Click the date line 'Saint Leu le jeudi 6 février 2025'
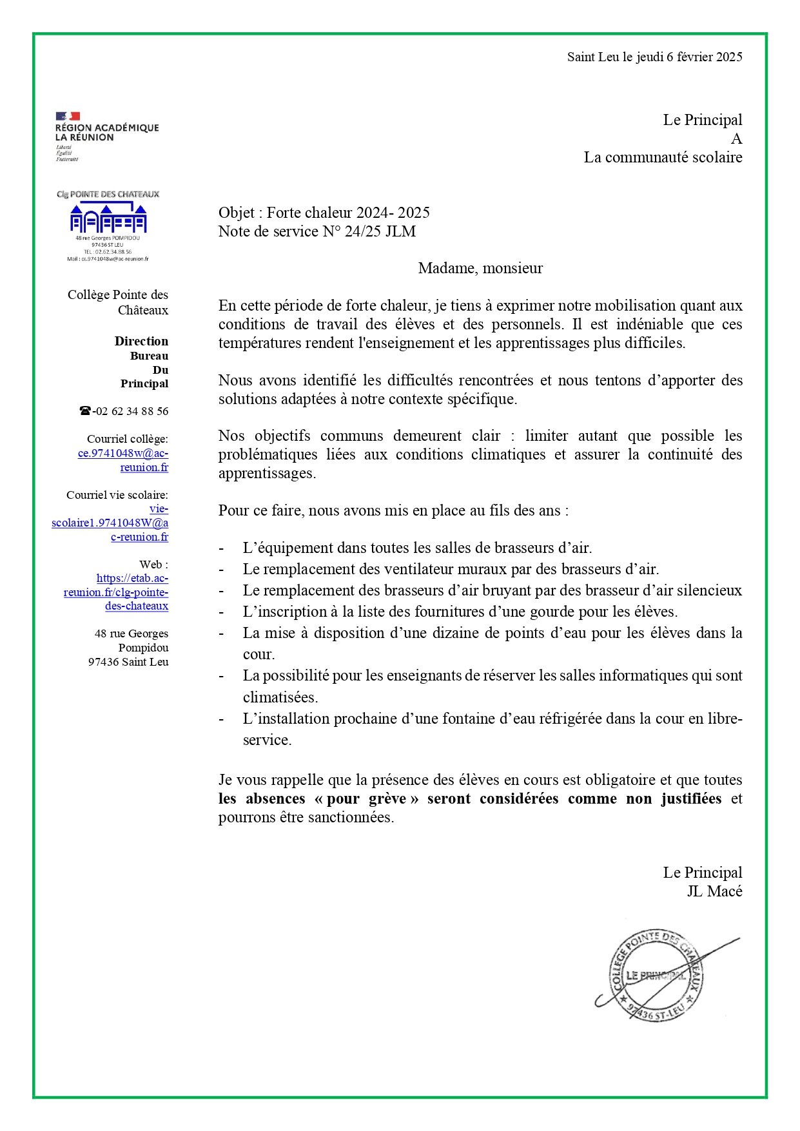654,57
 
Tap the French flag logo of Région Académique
68,117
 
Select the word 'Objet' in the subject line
237,213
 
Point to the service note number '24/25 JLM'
380,232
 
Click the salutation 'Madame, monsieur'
480,269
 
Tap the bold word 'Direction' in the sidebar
141,342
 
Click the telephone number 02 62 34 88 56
132,411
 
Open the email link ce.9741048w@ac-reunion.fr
123,460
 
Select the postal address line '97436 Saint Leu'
128,662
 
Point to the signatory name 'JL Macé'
714,892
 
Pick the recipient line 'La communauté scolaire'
663,158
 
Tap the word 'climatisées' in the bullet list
280,698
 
